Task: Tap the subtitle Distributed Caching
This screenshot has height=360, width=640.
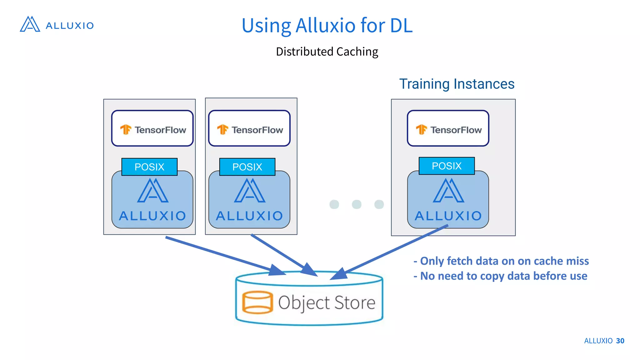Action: pyautogui.click(x=327, y=52)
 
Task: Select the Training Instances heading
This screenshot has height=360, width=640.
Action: pyautogui.click(x=457, y=84)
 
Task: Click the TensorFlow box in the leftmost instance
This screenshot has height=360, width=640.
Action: pyautogui.click(x=152, y=128)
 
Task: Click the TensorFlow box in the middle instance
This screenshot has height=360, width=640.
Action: pyautogui.click(x=249, y=128)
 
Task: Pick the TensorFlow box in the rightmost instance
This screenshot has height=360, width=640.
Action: pyautogui.click(x=448, y=128)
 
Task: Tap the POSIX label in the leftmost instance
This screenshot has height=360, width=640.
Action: pyautogui.click(x=149, y=167)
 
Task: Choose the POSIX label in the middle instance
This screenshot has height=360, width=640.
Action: pyautogui.click(x=247, y=167)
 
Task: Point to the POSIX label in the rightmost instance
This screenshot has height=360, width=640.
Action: pyautogui.click(x=447, y=166)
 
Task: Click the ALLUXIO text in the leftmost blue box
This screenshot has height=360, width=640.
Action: pyautogui.click(x=152, y=216)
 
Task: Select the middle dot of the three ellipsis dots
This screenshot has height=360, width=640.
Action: pyautogui.click(x=357, y=204)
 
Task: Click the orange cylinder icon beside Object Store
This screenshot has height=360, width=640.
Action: pyautogui.click(x=257, y=302)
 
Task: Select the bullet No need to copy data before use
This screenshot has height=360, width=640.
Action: pyautogui.click(x=501, y=276)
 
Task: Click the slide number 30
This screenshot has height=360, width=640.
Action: pyautogui.click(x=620, y=341)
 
